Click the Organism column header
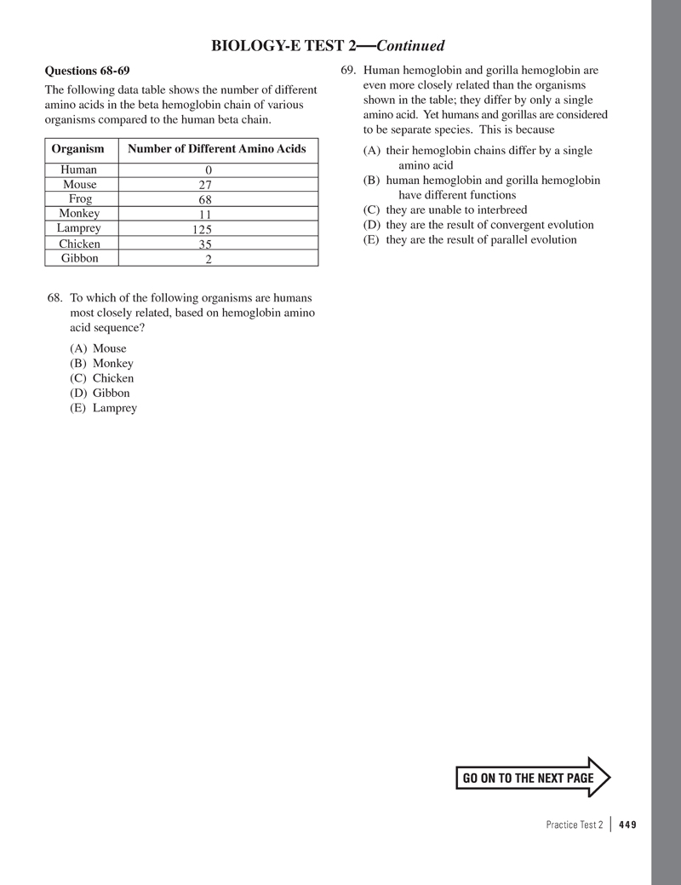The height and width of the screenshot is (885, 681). click(77, 149)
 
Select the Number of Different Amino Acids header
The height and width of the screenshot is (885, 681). click(216, 149)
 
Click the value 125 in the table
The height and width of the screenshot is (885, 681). click(201, 230)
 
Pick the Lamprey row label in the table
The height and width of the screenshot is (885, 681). click(78, 228)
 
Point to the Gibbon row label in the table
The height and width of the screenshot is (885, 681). click(79, 258)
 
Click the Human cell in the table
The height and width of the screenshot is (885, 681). click(78, 170)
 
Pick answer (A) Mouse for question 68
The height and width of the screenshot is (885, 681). click(99, 348)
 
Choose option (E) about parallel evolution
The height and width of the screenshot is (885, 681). click(470, 239)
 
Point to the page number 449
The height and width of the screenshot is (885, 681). click(628, 825)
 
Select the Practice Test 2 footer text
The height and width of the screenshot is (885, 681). click(575, 825)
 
